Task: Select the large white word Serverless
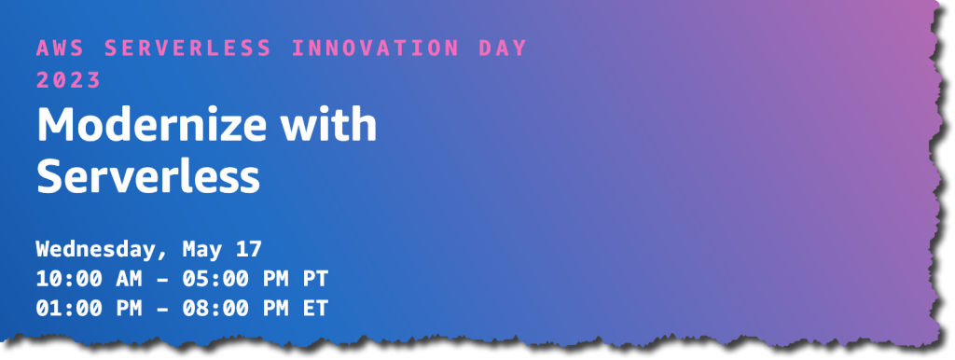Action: (x=147, y=175)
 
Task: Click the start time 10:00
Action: (x=70, y=278)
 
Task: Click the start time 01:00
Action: (x=70, y=307)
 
